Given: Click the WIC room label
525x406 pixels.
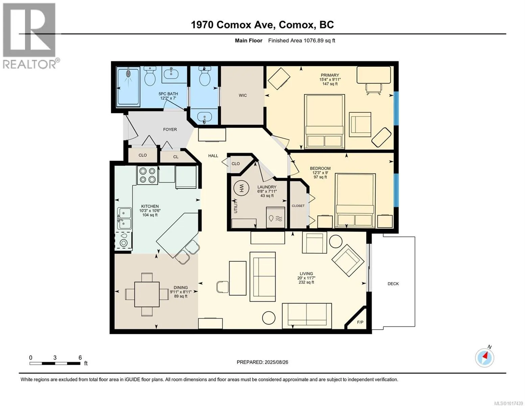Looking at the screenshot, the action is [243, 95].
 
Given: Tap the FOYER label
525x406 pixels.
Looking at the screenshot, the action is [170, 129].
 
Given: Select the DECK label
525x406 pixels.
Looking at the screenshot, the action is [393, 284].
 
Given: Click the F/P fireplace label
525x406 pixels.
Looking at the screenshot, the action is [360, 322].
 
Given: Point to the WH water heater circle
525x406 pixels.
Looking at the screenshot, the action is [240, 188].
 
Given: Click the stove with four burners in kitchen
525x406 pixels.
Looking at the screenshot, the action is [147, 175].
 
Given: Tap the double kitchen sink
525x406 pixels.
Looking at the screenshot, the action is [124, 218].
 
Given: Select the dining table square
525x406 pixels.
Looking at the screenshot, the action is [147, 294].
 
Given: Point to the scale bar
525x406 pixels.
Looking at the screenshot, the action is [55, 363].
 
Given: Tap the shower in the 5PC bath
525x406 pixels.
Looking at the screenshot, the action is [128, 87].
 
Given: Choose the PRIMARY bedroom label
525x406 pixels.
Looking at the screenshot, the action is [330, 75].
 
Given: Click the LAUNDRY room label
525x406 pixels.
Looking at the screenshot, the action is [267, 187].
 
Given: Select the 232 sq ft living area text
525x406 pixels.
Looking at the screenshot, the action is [306, 282].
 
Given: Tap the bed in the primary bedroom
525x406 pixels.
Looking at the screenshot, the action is [325, 121].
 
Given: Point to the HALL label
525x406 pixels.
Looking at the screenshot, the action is [213, 156].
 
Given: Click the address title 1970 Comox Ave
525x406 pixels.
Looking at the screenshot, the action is [233, 25].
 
